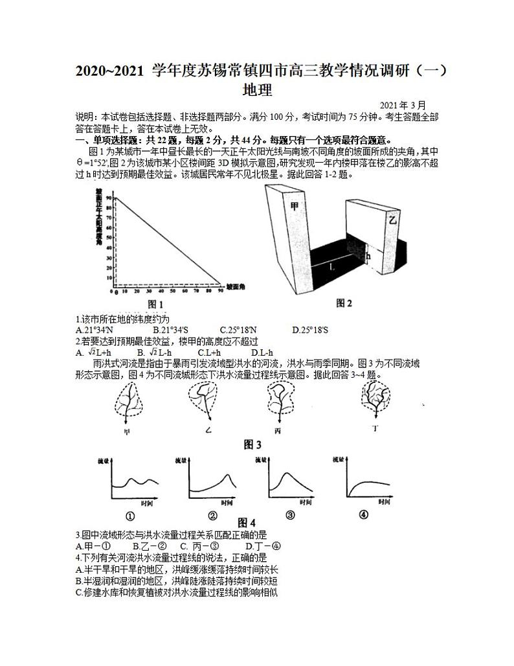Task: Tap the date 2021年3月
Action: click(403, 106)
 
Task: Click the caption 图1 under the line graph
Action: click(155, 304)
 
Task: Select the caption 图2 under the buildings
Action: click(344, 303)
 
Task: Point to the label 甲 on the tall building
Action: click(295, 206)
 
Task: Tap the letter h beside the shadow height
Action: click(368, 256)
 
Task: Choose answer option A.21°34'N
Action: click(95, 330)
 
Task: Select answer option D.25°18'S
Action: click(311, 330)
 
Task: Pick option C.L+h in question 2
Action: click(210, 352)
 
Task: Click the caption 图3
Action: click(252, 444)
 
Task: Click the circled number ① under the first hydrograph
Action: click(129, 516)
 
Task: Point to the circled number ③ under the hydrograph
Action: click(290, 516)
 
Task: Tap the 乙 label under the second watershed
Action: click(208, 430)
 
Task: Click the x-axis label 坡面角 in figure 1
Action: click(236, 285)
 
